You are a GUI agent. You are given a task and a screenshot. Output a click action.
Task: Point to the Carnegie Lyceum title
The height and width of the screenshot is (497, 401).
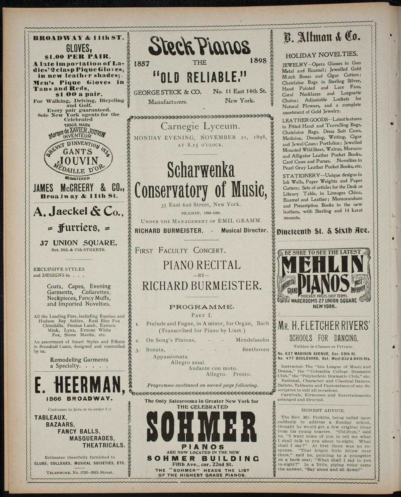200,126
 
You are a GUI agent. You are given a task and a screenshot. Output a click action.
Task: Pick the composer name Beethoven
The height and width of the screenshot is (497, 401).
255,350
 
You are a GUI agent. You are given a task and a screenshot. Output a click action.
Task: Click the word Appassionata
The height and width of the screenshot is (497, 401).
171,357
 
